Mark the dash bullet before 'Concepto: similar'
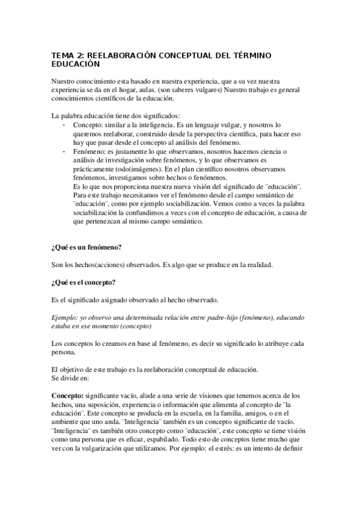[x=64, y=124]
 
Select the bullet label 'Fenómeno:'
[x=87, y=153]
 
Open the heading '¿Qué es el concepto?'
[x=84, y=266]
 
